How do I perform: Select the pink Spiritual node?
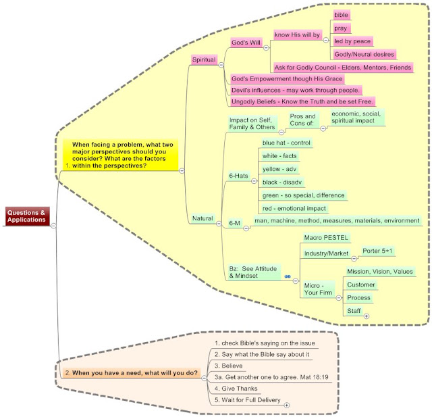click(x=204, y=59)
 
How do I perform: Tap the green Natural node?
click(x=202, y=218)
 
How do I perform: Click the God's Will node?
click(x=246, y=43)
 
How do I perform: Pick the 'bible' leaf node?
click(x=341, y=15)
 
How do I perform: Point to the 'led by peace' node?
click(x=352, y=41)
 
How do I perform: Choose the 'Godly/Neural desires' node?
click(x=364, y=54)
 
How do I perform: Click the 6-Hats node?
click(x=238, y=176)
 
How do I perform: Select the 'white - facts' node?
click(x=279, y=156)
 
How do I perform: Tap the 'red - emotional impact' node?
click(x=294, y=208)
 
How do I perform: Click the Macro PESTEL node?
click(x=326, y=237)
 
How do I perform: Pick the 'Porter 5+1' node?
click(x=377, y=251)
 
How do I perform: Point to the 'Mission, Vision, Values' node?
click(x=380, y=272)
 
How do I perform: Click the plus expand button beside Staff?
click(x=367, y=316)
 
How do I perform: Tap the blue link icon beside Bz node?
click(x=288, y=276)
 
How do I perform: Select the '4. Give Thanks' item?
click(x=236, y=389)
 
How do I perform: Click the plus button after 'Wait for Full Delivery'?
click(x=286, y=405)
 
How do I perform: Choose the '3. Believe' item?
click(x=229, y=366)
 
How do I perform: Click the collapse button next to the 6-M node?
click(x=246, y=228)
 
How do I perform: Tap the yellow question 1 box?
click(x=121, y=155)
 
